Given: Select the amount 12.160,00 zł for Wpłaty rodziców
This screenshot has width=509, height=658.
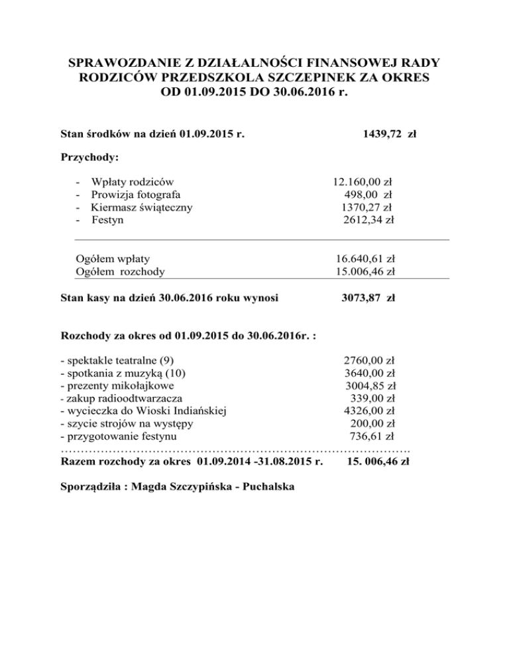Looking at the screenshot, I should tap(363, 180).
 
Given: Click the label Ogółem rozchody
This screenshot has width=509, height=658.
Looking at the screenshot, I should tap(121, 271).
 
